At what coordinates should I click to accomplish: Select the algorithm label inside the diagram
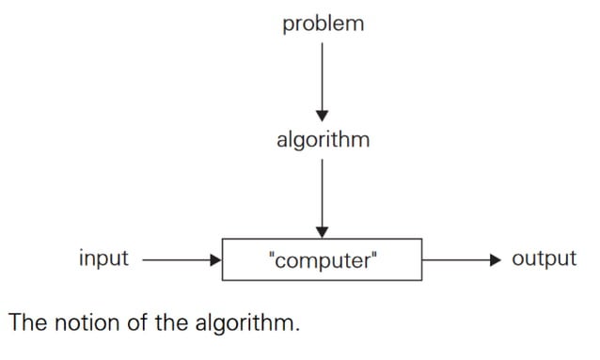323,141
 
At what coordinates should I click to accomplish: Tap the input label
103,258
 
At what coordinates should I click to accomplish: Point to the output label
544,258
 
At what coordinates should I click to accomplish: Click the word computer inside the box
323,259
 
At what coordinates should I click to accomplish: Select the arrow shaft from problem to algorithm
323,75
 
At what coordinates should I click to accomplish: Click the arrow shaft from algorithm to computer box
323,193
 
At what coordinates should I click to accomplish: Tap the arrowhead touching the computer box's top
323,231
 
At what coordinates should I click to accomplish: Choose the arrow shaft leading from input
175,258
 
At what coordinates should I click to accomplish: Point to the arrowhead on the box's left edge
215,258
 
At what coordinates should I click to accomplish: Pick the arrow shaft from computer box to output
456,258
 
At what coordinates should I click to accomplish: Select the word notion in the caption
85,324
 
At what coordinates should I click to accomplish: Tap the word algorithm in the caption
246,325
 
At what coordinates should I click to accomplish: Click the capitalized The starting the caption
27,324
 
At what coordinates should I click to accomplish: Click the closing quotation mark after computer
373,255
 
